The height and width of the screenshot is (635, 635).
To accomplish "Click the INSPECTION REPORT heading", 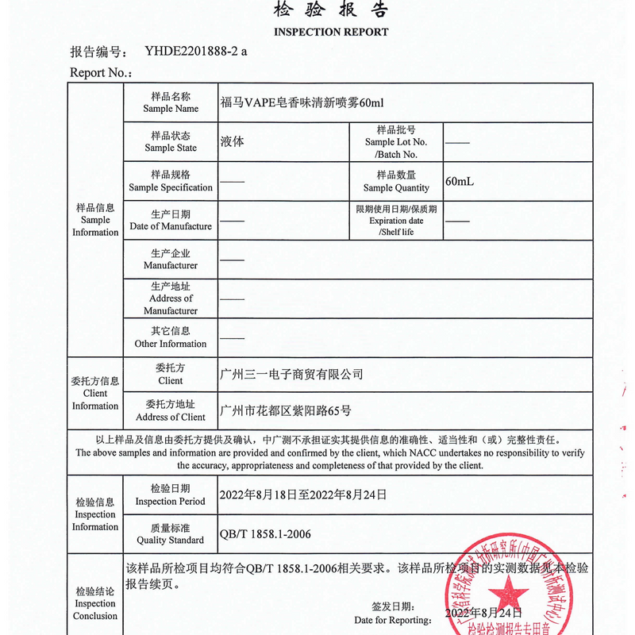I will [331, 33].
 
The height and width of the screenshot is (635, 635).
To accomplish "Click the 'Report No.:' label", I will [100, 73].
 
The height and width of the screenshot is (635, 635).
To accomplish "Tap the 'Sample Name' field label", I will [171, 102].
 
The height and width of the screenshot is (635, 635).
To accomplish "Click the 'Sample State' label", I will [171, 142].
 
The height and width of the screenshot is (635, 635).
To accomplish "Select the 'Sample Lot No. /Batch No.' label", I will [396, 142].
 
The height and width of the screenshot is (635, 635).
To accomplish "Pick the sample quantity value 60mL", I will [460, 182].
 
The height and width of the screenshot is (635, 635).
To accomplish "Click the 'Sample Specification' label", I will [171, 182].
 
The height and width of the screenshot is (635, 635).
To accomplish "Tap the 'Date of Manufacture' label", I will [171, 221].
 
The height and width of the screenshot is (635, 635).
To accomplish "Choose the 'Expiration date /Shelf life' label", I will [396, 221].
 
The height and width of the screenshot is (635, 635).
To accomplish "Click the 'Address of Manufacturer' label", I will [171, 298].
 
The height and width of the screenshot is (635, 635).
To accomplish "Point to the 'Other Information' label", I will [171, 338].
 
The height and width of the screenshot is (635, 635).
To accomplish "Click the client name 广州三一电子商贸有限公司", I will [291, 374].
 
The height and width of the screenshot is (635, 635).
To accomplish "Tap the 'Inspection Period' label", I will [171, 495].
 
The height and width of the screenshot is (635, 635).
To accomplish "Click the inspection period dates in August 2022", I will [303, 495].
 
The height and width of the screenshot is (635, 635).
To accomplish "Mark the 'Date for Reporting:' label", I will [393, 619].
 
